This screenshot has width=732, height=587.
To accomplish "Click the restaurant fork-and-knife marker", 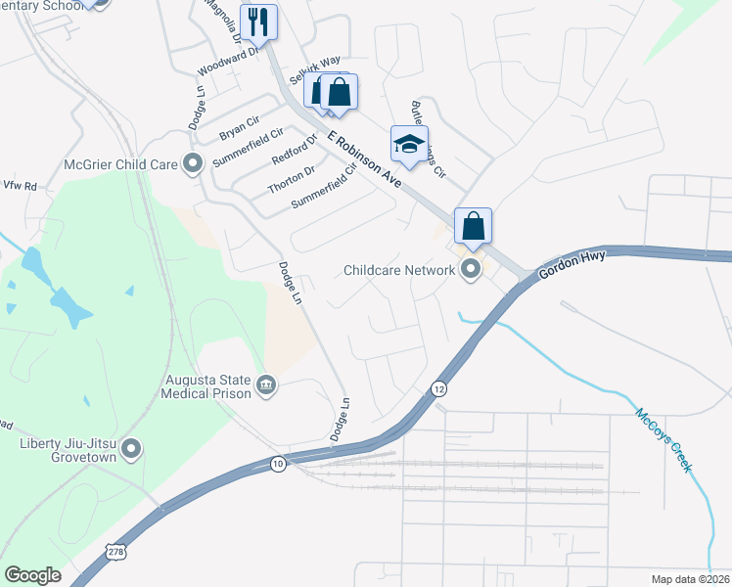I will point(258,22).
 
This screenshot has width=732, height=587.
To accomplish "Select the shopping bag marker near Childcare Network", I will point(473,226).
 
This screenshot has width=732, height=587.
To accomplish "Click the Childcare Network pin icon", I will point(471,270).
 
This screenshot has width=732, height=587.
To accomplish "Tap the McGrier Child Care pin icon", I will point(193,163).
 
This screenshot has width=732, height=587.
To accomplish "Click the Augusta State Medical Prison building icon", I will point(265,386).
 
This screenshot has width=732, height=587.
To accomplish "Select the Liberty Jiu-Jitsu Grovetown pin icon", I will point(132,450).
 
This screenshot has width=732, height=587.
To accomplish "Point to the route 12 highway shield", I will point(437,388).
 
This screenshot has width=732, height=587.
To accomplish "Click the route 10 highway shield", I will point(278,464).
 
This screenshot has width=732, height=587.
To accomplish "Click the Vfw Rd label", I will point(19,185).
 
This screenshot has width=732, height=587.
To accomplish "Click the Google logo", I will point(32,574).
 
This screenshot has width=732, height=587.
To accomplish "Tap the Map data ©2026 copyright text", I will point(689,579).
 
